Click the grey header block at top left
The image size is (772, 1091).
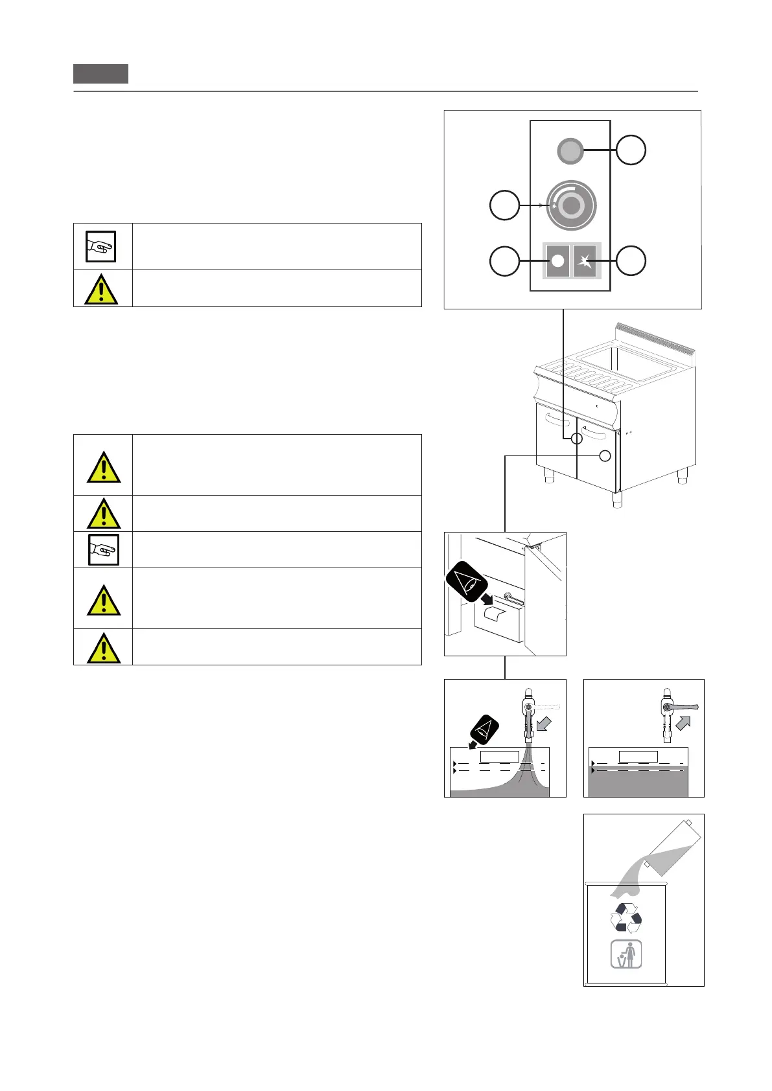(x=100, y=74)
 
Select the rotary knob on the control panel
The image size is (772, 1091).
(x=570, y=205)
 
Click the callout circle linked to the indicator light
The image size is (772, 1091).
(x=630, y=150)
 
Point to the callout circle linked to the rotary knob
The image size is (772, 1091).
(x=504, y=205)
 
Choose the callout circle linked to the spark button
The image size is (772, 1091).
(x=630, y=260)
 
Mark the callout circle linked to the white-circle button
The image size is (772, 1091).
(x=504, y=260)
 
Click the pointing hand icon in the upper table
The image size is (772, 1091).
(x=101, y=247)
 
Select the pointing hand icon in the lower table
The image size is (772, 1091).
(x=103, y=549)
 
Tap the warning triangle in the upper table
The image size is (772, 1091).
(x=101, y=290)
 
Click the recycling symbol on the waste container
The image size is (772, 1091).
(x=626, y=917)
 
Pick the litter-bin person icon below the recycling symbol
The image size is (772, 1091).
(x=626, y=954)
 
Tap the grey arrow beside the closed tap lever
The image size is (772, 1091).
(x=683, y=722)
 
